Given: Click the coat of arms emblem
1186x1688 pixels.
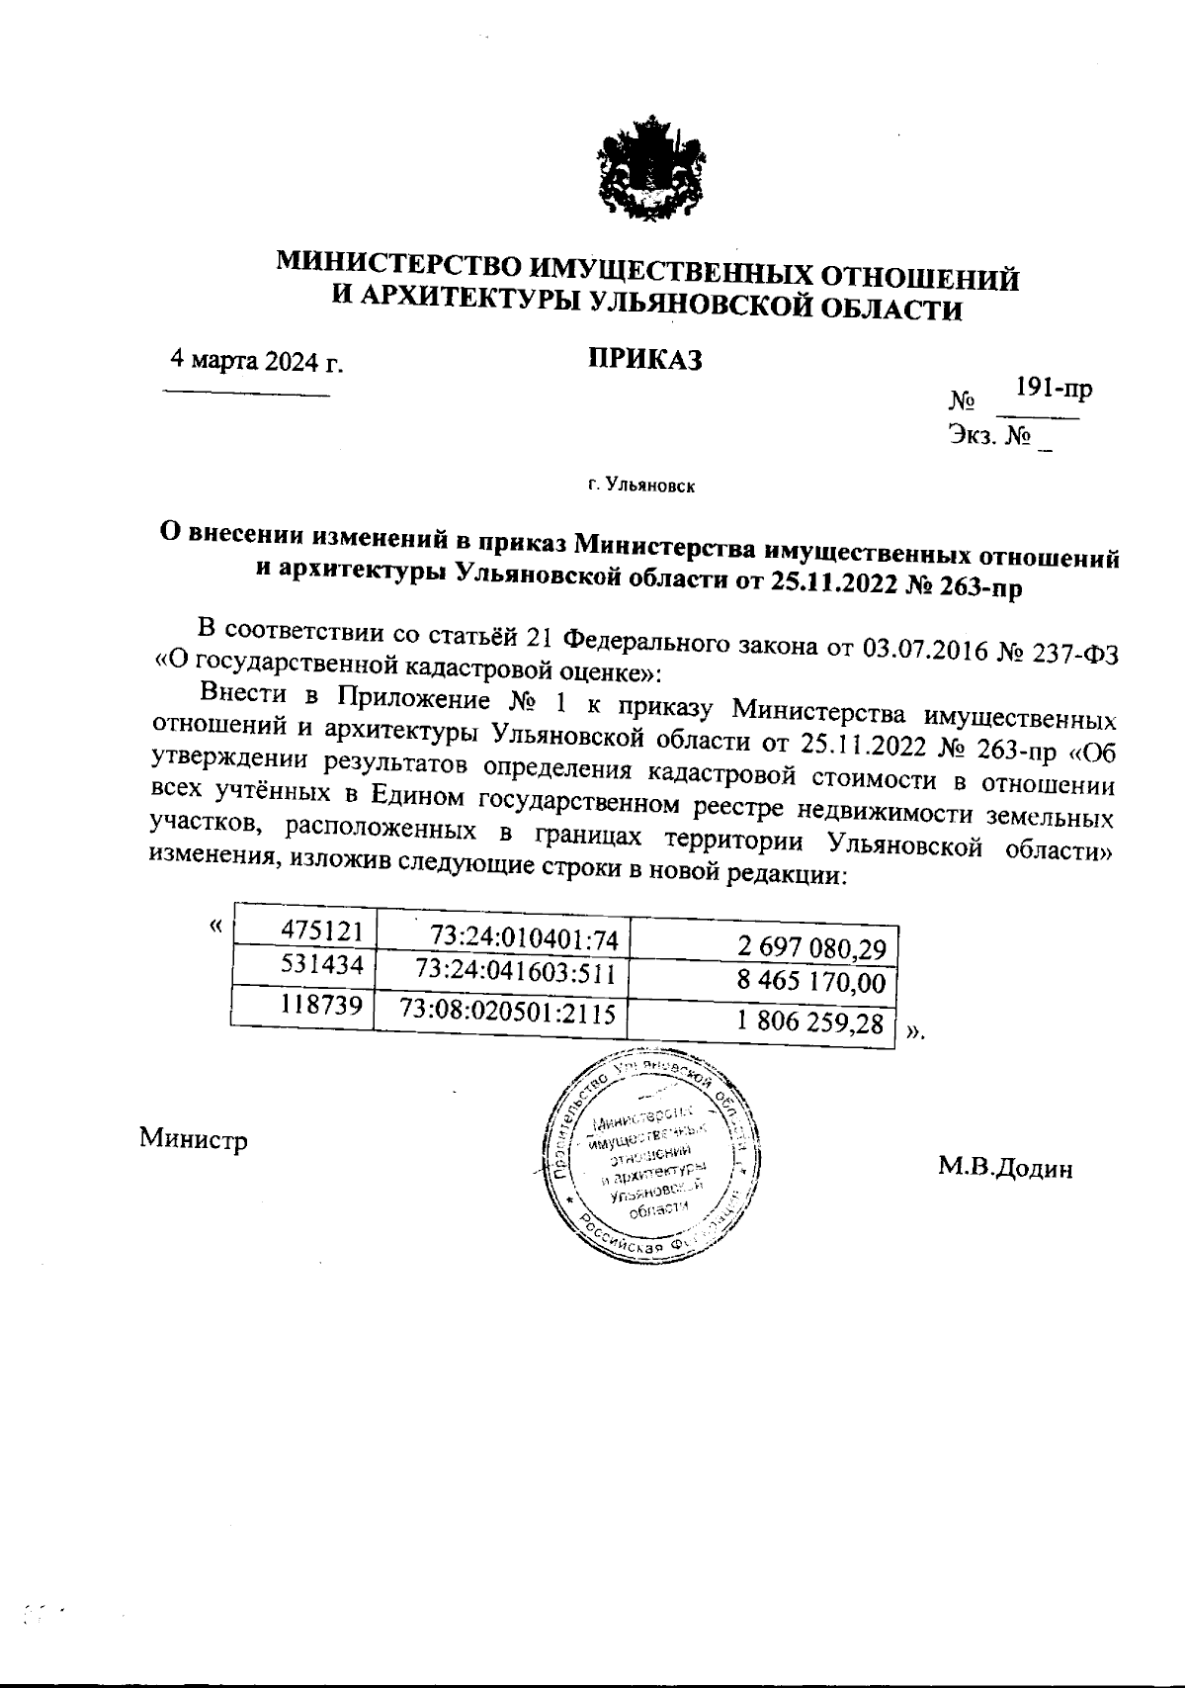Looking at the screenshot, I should pyautogui.click(x=649, y=173).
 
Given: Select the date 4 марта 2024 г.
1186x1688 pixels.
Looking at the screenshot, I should pyautogui.click(x=257, y=360).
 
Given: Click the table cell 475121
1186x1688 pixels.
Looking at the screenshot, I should pyautogui.click(x=323, y=931).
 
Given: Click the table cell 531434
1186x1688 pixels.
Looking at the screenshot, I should pyautogui.click(x=323, y=964).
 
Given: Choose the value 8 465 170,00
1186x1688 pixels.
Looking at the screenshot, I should pyautogui.click(x=812, y=984).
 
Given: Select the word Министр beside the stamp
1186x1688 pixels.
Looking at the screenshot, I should pyautogui.click(x=194, y=1139).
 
